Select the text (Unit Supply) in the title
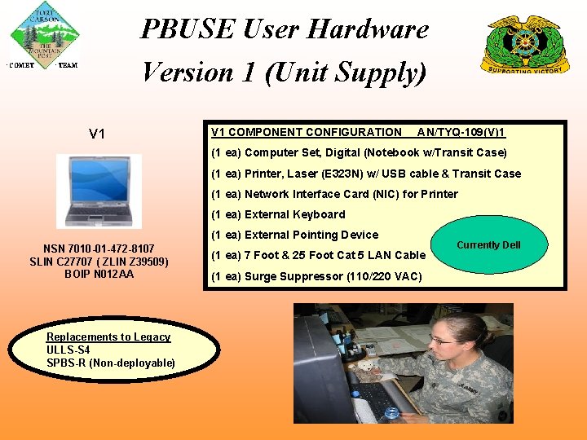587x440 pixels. click(x=345, y=73)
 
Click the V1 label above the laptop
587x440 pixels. click(x=97, y=134)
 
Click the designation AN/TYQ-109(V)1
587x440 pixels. click(x=461, y=132)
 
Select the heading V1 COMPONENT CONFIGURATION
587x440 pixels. click(x=306, y=132)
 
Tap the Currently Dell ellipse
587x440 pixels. click(x=488, y=244)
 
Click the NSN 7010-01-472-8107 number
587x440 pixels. click(x=99, y=249)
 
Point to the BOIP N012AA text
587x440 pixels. click(x=99, y=274)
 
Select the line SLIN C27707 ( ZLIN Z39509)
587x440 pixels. click(x=99, y=262)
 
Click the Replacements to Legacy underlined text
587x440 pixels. click(x=108, y=337)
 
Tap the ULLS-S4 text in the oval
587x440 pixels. click(x=68, y=350)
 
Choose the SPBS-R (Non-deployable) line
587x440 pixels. click(x=111, y=363)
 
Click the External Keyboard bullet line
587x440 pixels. click(x=278, y=214)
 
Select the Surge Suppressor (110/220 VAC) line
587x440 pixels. click(x=316, y=276)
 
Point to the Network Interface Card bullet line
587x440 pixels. click(x=334, y=194)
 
